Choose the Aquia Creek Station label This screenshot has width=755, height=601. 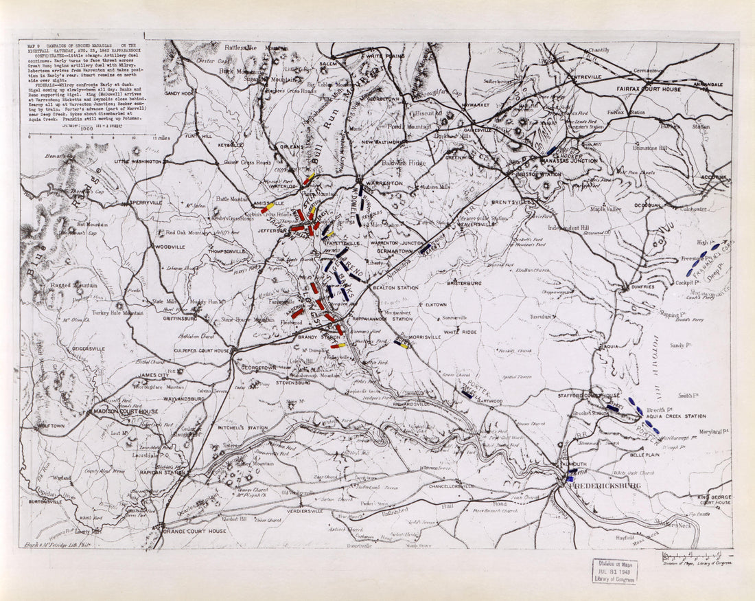[676, 416]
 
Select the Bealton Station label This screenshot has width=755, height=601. [395, 288]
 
